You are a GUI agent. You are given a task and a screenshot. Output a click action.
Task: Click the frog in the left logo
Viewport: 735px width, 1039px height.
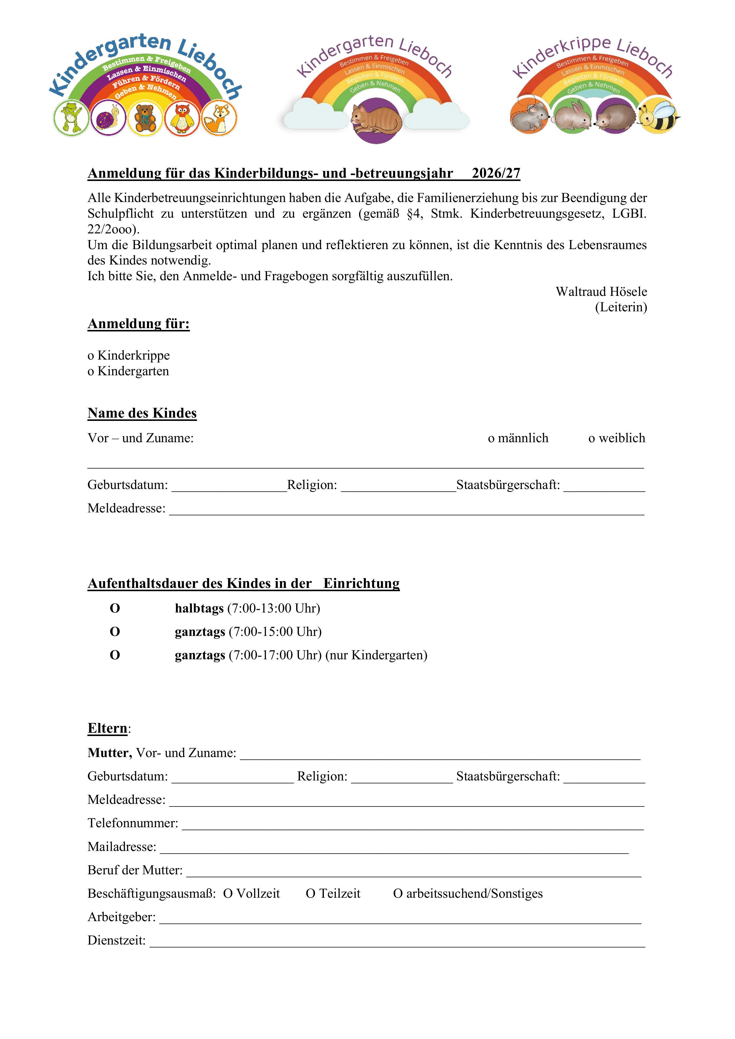tap(71, 118)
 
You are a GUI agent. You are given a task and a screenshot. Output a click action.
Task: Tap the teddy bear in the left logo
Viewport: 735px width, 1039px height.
tap(145, 118)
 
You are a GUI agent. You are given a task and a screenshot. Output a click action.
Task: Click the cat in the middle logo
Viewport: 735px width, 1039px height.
tap(376, 119)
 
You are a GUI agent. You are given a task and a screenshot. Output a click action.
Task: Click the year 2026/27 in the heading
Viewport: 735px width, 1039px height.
tap(496, 173)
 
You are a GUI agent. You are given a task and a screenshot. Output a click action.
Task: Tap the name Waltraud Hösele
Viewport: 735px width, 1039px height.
tap(601, 291)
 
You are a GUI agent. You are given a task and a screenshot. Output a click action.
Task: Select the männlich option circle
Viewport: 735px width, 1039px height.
tap(491, 439)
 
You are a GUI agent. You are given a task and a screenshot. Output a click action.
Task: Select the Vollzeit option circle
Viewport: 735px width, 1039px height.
tap(228, 894)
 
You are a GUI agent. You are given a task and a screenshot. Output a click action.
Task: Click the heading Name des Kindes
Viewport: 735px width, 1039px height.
tap(142, 413)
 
